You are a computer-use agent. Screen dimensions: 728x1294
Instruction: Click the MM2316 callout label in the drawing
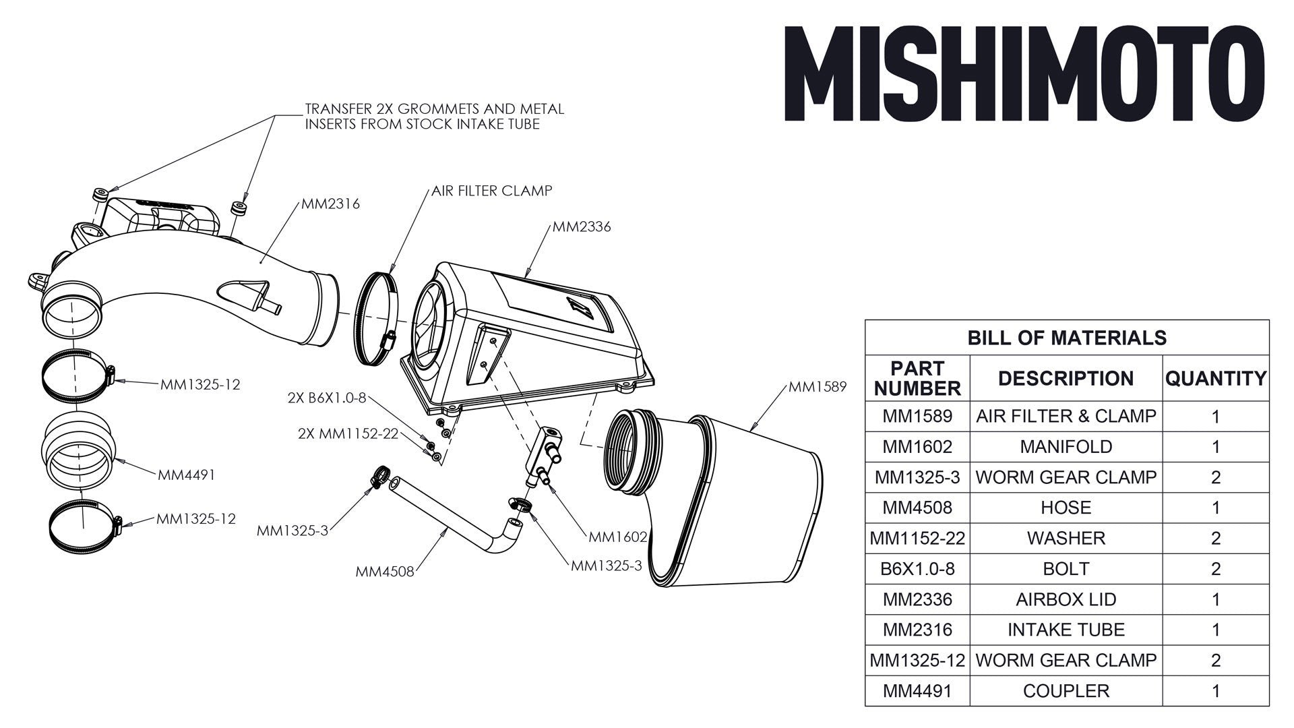pos(330,204)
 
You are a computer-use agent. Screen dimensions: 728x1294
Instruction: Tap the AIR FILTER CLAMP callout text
pos(491,191)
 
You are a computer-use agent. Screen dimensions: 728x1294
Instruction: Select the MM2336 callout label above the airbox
pos(582,227)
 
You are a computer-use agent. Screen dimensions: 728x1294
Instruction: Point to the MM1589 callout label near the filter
pos(817,387)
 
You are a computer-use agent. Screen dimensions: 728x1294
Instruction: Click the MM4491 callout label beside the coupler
pos(187,475)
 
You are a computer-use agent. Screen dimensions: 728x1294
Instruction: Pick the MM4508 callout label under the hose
pos(385,572)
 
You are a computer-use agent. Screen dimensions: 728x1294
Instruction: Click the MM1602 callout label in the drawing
pos(617,537)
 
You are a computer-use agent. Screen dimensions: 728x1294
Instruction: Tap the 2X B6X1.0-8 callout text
pos(327,398)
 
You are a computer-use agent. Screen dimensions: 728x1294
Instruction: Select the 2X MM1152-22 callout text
pos(348,433)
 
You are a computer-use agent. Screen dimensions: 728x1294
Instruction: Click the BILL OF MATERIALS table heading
pos(1066,338)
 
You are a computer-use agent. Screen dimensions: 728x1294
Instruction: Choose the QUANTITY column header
pos(1215,379)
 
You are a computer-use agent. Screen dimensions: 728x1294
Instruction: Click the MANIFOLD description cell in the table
pos(1066,447)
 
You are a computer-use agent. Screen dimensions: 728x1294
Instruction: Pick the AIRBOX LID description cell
pos(1066,599)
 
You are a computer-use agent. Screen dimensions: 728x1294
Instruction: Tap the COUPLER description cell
pos(1066,691)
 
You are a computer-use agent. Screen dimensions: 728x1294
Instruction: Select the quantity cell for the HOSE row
pos(1215,508)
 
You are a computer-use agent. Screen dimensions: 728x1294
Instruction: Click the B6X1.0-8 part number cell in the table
pos(917,569)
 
